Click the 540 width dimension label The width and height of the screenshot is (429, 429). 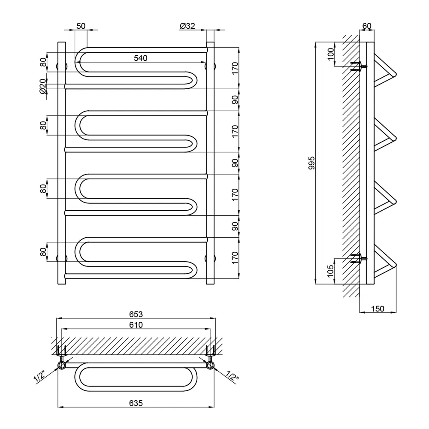[x=140, y=58]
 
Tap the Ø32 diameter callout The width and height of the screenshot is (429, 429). [x=187, y=26]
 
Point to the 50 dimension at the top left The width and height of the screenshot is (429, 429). [x=81, y=26]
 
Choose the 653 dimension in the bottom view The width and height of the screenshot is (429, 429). [x=136, y=314]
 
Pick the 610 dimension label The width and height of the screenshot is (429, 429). [x=136, y=325]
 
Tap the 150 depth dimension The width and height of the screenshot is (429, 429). [x=378, y=308]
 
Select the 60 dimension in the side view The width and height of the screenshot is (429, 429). [x=367, y=26]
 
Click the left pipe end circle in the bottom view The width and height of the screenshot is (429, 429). [x=62, y=366]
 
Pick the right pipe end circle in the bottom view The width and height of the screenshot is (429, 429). [x=210, y=366]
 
